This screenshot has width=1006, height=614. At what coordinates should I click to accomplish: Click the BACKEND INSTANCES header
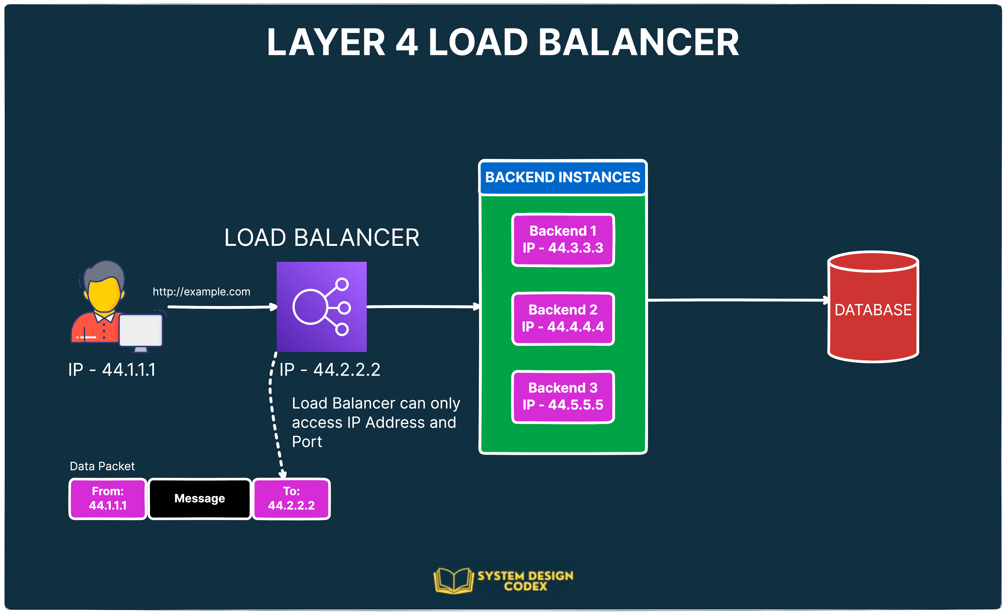pyautogui.click(x=563, y=177)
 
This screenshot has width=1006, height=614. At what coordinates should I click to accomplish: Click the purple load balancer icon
pyautogui.click(x=321, y=307)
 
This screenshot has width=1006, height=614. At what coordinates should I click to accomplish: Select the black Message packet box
pyautogui.click(x=200, y=498)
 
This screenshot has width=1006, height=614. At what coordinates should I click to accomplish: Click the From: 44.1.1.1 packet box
pyautogui.click(x=108, y=498)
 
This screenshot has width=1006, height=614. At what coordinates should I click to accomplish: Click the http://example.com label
pyautogui.click(x=201, y=292)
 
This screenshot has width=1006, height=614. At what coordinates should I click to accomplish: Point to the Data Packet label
pyautogui.click(x=102, y=466)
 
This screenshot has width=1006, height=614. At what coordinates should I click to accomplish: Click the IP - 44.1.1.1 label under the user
pyautogui.click(x=112, y=370)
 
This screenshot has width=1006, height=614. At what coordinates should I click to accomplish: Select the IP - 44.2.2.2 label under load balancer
pyautogui.click(x=330, y=370)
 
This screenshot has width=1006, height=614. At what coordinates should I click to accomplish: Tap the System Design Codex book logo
pyautogui.click(x=453, y=580)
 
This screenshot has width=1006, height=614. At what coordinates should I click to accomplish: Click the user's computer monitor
pyautogui.click(x=141, y=331)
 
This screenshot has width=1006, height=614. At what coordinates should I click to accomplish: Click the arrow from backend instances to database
pyautogui.click(x=737, y=300)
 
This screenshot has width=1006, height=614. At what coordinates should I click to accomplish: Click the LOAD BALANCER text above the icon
pyautogui.click(x=321, y=238)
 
